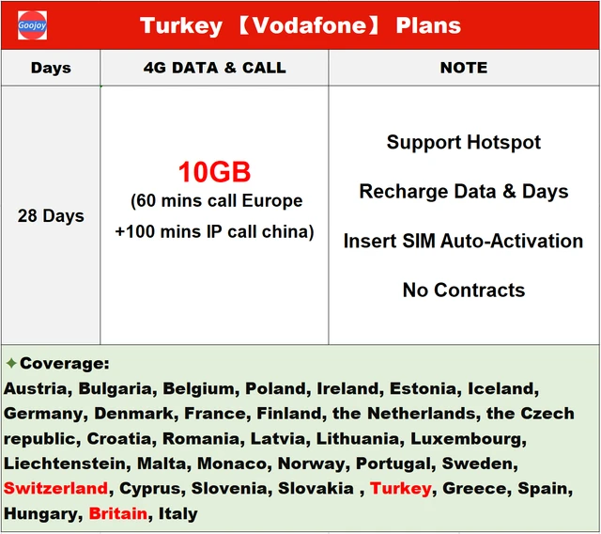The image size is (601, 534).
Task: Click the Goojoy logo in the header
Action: (32, 25)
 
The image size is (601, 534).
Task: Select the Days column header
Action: (50, 68)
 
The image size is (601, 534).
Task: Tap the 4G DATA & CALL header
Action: (214, 68)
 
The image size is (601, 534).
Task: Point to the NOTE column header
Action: (464, 68)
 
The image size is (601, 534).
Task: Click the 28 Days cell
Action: (50, 216)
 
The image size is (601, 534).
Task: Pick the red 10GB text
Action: (215, 172)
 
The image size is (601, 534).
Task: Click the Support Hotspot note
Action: (464, 143)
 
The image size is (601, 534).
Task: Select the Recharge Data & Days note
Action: (464, 192)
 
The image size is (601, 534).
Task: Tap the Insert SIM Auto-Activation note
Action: (464, 241)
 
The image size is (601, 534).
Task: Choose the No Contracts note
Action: (464, 290)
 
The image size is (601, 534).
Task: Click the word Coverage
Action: (64, 363)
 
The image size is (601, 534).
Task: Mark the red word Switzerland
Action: (55, 489)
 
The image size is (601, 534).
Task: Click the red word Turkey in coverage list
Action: (401, 489)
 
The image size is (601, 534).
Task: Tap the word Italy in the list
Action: (178, 514)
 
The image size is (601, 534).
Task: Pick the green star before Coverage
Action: (11, 363)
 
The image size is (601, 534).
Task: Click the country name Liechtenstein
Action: (66, 464)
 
